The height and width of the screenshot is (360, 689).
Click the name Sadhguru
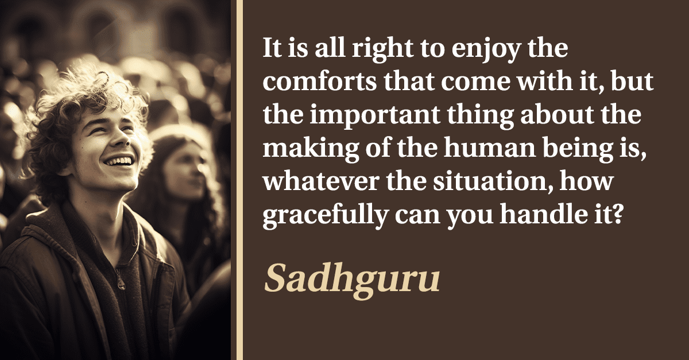[352, 280]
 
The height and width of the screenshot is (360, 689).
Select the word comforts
[319, 81]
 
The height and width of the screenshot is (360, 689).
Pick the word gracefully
[325, 216]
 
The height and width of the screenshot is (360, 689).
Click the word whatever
[321, 182]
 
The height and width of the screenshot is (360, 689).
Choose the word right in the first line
[382, 49]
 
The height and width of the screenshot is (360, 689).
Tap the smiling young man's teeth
[119, 161]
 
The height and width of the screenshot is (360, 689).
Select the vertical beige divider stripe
[239, 180]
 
